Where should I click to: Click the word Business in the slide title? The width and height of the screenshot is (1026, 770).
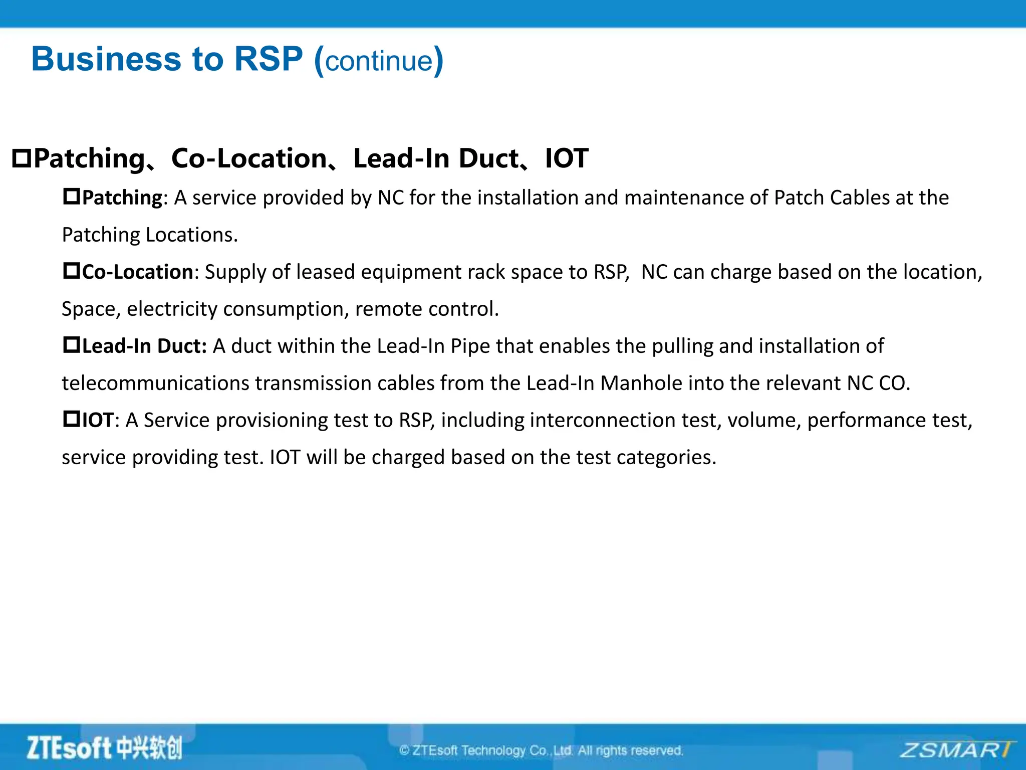105,59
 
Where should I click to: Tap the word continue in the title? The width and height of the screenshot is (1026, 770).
379,61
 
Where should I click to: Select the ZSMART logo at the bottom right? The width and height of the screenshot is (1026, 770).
956,750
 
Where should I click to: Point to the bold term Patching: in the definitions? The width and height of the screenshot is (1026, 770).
122,198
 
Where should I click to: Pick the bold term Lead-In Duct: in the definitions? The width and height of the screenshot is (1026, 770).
144,346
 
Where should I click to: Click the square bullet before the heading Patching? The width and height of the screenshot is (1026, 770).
22,158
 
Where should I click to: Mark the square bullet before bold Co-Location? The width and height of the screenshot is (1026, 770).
71,271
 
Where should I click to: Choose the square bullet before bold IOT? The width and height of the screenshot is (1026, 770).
71,419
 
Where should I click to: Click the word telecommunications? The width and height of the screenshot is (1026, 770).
155,383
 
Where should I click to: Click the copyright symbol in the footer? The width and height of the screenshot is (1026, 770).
404,750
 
